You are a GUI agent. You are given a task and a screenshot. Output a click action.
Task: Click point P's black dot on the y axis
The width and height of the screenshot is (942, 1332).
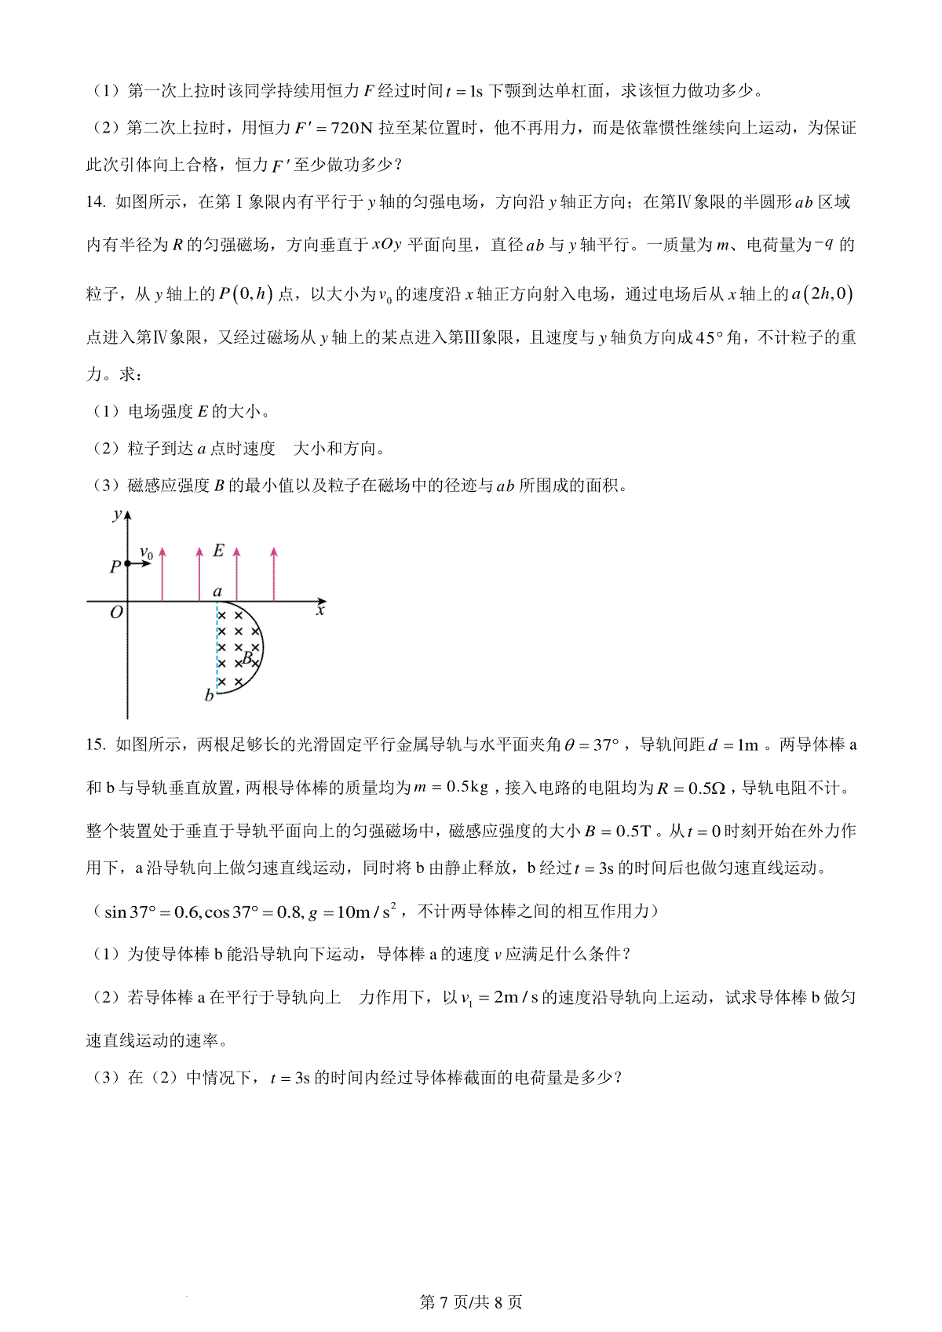click(x=127, y=564)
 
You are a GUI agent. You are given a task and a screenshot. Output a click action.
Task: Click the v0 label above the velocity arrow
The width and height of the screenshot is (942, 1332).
click(x=146, y=552)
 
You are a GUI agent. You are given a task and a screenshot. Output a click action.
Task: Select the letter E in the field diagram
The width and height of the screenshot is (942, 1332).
click(x=218, y=551)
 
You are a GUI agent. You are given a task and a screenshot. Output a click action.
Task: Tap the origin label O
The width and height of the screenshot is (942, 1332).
click(x=116, y=613)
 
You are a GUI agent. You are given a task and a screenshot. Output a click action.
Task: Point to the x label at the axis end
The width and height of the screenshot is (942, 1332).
click(x=320, y=610)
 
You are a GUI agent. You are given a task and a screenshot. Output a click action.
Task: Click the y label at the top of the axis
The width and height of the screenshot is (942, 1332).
click(x=117, y=515)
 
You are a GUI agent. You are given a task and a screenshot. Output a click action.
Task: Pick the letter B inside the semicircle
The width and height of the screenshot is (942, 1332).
click(x=248, y=657)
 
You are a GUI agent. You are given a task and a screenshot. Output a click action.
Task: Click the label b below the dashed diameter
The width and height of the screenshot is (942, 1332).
click(x=209, y=695)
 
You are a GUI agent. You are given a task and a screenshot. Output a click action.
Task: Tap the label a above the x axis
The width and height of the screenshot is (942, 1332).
click(x=217, y=592)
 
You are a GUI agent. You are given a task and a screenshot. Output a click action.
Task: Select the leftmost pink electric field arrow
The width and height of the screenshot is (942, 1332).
click(x=162, y=574)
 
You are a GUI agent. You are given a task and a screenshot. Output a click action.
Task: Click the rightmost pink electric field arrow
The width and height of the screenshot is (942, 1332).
click(x=273, y=574)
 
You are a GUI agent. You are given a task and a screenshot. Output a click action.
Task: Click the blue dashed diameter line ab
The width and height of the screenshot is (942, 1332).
click(x=217, y=647)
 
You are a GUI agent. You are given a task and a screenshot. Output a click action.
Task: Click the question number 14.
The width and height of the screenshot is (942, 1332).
click(x=95, y=202)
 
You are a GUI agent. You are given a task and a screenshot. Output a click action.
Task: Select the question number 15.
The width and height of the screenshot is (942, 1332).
click(x=95, y=744)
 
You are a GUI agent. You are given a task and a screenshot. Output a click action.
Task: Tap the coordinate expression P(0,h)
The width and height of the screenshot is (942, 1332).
click(x=246, y=293)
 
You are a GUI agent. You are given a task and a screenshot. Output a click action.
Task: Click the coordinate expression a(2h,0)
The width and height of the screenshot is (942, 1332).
click(x=822, y=293)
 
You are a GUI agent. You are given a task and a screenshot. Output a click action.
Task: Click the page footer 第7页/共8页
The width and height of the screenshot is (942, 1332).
click(x=471, y=1301)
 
